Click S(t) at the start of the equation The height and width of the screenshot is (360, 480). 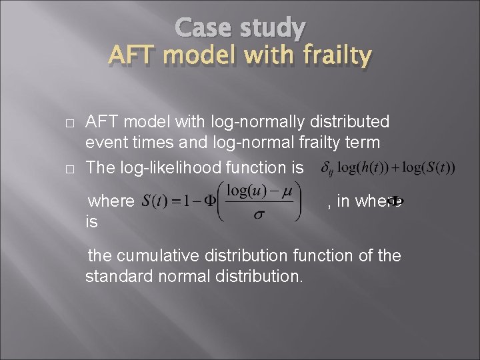pos(155,201)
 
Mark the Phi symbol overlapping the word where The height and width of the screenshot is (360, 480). pos(394,201)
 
